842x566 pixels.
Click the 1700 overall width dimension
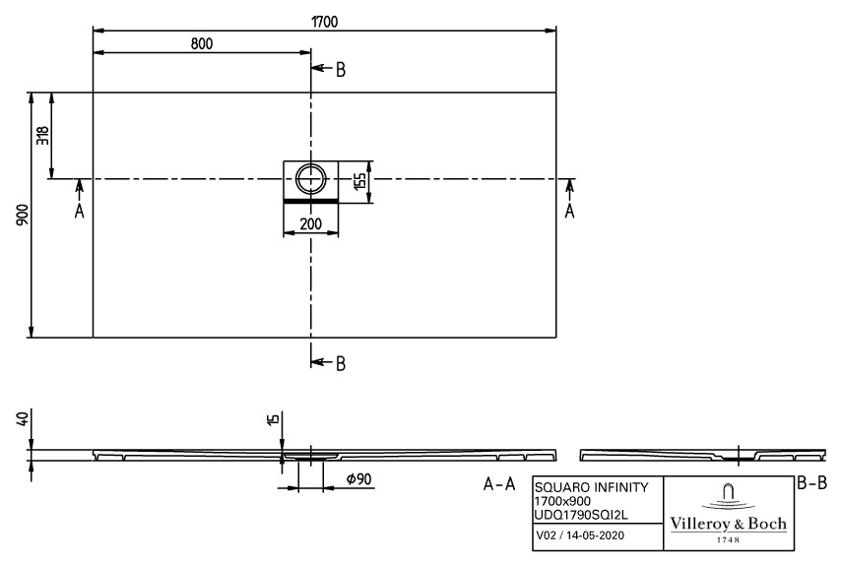pos(324,22)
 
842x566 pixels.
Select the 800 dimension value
pos(201,43)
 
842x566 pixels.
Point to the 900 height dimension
pos(22,214)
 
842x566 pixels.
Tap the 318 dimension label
pos(42,135)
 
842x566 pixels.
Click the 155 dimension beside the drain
pos(359,180)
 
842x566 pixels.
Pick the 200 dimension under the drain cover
pos(310,223)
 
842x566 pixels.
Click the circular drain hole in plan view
pos(310,178)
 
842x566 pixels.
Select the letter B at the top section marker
pos(341,70)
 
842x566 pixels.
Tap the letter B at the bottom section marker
pos(341,364)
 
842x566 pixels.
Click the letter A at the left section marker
pos(79,212)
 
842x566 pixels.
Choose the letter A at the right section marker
pos(570,212)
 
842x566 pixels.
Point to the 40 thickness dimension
pos(22,419)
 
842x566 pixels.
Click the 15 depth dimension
pos(274,419)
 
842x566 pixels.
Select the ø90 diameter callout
pos(358,479)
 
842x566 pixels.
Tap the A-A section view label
pos(499,484)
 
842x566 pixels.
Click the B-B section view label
pos(811,483)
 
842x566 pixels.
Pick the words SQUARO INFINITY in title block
pos(591,487)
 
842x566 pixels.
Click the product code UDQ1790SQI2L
pos(581,515)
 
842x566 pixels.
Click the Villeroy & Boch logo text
pos(728,524)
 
